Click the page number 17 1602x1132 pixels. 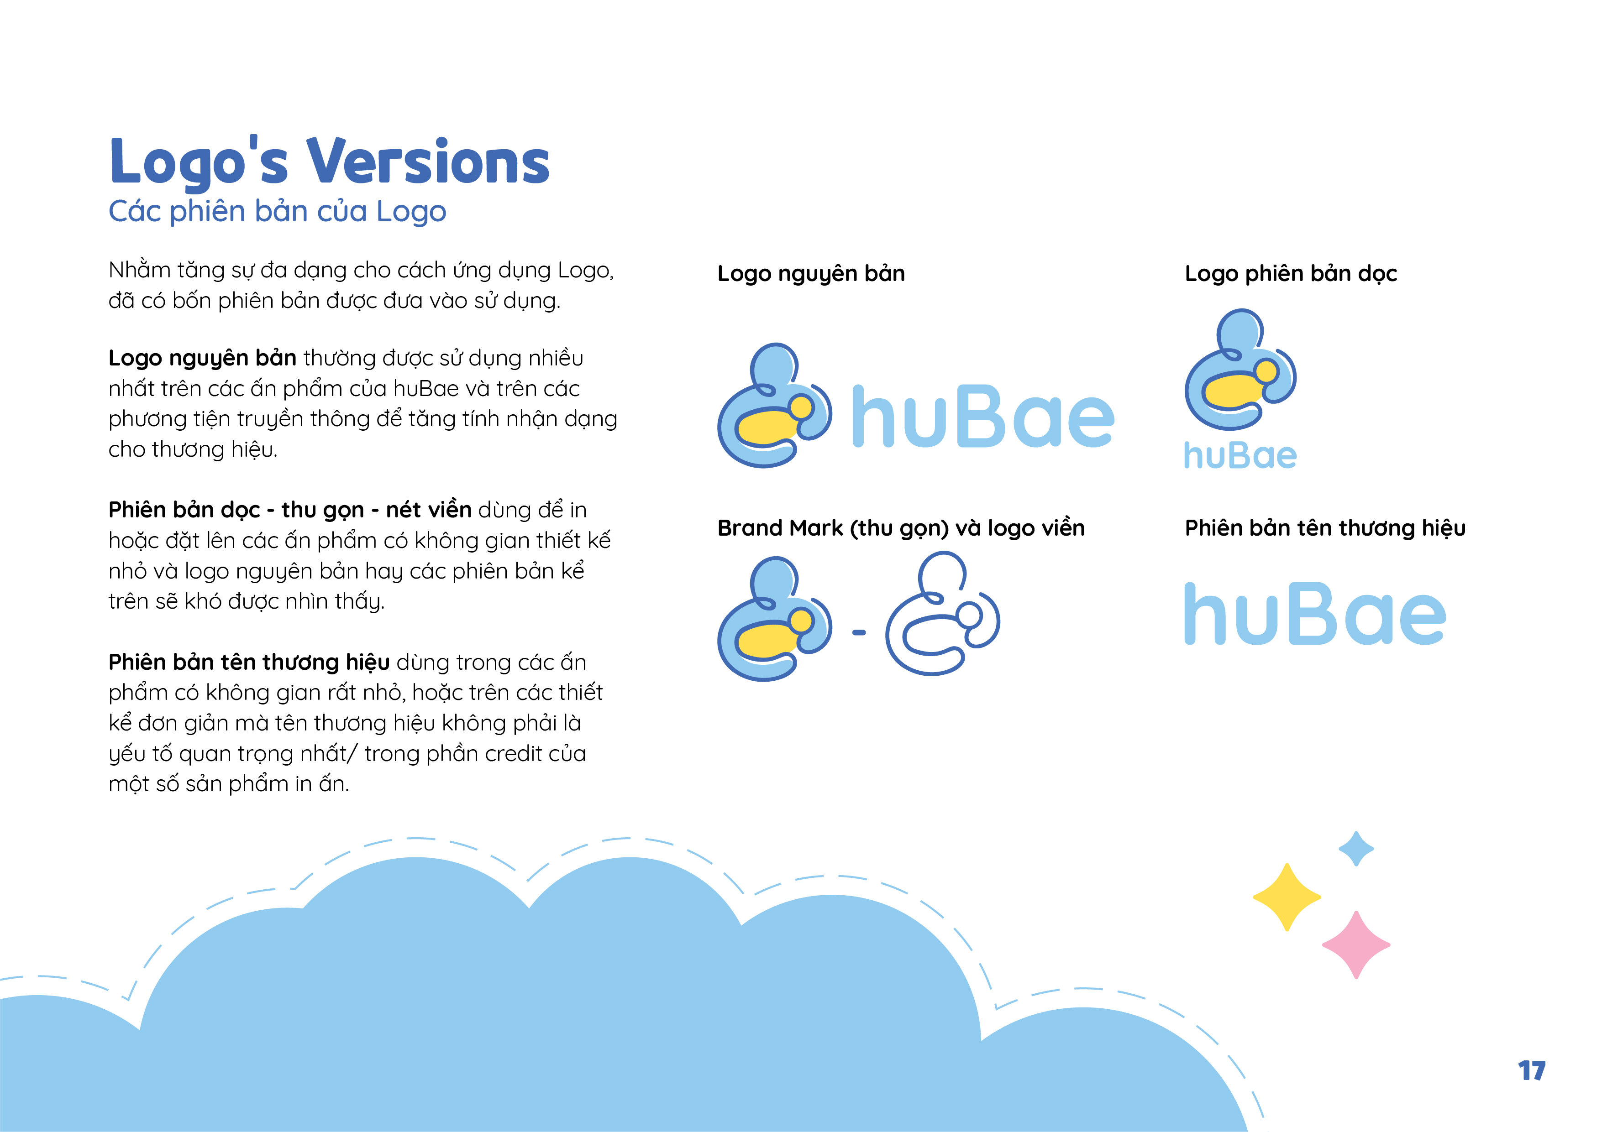1532,1070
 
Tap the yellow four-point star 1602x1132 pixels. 1287,897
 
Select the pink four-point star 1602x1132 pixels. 1356,944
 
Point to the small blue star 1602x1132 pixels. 1356,849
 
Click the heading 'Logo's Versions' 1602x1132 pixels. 329,162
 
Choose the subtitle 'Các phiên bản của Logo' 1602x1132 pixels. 277,211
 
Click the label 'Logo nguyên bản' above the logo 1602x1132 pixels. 811,273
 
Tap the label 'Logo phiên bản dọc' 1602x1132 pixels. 1291,273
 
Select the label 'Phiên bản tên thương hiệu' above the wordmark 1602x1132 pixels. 1325,528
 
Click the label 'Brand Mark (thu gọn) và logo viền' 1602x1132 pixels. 901,528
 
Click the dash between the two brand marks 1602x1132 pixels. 859,632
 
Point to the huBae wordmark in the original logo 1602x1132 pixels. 983,417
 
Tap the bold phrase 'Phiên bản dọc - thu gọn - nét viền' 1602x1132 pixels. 289,510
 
